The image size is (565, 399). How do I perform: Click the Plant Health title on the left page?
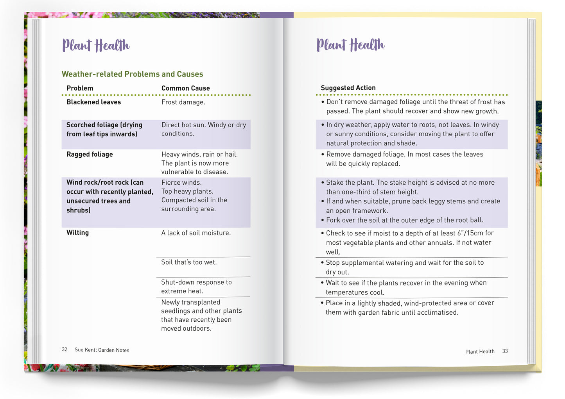[96, 45]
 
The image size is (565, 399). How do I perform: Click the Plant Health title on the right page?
[350, 45]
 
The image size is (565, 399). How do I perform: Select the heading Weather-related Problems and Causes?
[132, 74]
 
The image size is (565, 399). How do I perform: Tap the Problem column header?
[80, 88]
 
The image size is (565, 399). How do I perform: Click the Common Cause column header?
[185, 88]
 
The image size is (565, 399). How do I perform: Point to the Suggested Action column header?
[348, 88]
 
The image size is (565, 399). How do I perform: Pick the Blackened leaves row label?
[93, 102]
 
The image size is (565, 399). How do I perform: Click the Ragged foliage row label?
[90, 154]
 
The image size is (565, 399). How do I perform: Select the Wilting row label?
[77, 233]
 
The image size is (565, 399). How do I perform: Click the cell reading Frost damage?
[183, 102]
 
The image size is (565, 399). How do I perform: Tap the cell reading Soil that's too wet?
[189, 262]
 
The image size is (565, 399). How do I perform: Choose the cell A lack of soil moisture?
[196, 233]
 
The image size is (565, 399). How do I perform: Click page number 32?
[65, 349]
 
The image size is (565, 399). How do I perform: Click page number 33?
[505, 351]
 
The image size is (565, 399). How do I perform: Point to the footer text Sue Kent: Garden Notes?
[102, 350]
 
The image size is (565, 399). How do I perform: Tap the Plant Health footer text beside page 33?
[480, 351]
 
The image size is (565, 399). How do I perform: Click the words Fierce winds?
[181, 182]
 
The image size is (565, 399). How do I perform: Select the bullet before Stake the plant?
[323, 183]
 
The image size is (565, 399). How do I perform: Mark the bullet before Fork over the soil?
[323, 220]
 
